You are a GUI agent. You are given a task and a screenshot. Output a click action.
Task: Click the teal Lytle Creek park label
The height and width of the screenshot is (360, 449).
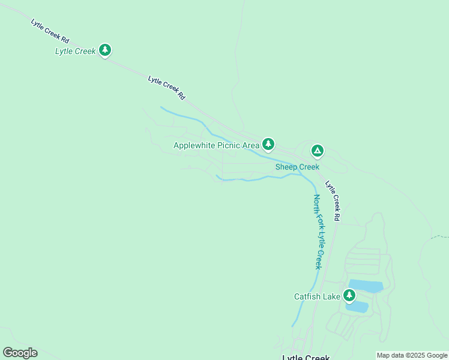75,51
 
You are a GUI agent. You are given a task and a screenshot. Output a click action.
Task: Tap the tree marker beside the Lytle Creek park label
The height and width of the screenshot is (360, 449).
106,50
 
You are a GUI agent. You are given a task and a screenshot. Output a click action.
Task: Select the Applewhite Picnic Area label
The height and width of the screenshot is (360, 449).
216,145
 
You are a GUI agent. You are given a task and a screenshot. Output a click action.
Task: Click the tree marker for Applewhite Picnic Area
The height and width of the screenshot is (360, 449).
268,144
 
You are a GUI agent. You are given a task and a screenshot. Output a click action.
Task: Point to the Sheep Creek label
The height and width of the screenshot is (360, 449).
297,167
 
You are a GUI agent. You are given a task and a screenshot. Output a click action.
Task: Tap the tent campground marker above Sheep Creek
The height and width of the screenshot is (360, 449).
317,151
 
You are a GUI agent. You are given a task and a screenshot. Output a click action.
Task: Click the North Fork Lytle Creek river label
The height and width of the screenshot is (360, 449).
318,231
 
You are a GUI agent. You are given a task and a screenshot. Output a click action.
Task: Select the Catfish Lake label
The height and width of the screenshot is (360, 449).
316,296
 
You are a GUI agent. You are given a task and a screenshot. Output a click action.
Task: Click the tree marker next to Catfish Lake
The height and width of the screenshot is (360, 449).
349,295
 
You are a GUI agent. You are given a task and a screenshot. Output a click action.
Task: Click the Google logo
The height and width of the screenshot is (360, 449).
20,353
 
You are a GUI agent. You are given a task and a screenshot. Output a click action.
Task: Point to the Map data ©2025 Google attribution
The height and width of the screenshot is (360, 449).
412,355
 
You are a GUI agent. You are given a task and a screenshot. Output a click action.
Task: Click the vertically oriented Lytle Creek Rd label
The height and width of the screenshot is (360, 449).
334,199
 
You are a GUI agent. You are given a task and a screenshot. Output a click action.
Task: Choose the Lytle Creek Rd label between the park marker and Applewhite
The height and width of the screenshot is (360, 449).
166,87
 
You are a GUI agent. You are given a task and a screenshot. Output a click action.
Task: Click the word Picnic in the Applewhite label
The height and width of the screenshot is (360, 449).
230,145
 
